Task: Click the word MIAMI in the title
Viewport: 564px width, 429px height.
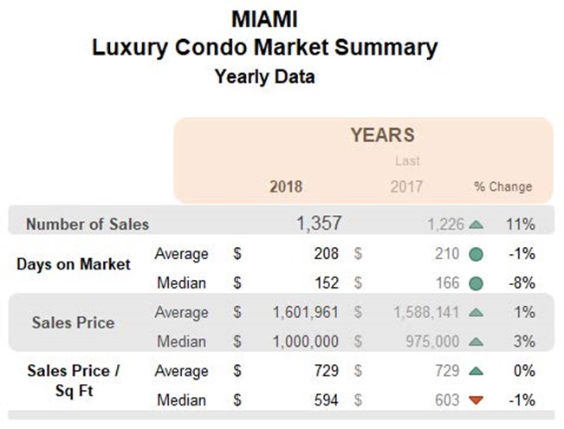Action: [x=264, y=17]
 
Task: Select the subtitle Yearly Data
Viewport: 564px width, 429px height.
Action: [x=264, y=77]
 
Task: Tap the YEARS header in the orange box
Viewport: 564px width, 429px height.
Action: [x=382, y=135]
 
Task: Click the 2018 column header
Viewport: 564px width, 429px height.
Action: [x=287, y=186]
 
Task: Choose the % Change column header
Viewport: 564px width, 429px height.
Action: [x=502, y=186]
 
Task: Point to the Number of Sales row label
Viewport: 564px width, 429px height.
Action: [x=88, y=224]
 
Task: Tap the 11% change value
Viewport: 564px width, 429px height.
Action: [x=521, y=224]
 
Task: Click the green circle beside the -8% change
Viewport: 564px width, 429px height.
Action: [x=476, y=283]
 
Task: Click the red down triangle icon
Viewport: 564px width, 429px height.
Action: [x=476, y=400]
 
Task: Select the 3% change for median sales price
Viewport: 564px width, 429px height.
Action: [x=524, y=341]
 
